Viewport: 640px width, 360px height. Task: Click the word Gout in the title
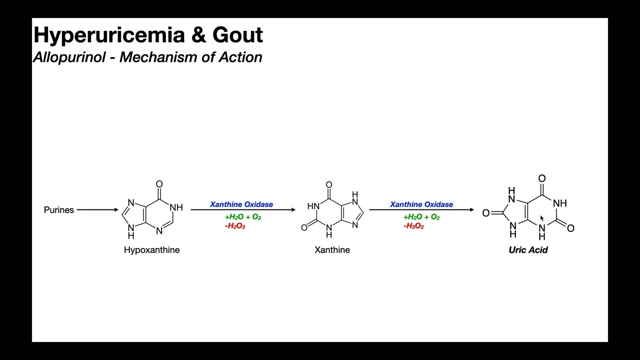pyautogui.click(x=237, y=35)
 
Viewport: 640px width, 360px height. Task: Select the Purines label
pyautogui.click(x=59, y=210)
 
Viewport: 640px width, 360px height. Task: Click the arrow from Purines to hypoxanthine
pyautogui.click(x=97, y=210)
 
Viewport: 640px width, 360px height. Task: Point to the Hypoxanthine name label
pyautogui.click(x=151, y=250)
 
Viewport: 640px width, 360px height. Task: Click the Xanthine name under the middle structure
pyautogui.click(x=332, y=250)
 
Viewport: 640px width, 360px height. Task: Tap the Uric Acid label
pyautogui.click(x=528, y=250)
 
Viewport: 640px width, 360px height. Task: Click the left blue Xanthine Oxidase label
pyautogui.click(x=241, y=204)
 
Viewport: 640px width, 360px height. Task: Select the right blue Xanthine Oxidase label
pyautogui.click(x=421, y=204)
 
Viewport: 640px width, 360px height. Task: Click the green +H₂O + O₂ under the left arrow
pyautogui.click(x=243, y=217)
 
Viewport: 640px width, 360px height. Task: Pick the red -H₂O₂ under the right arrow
pyautogui.click(x=413, y=226)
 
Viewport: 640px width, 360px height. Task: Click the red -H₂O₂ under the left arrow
pyautogui.click(x=235, y=226)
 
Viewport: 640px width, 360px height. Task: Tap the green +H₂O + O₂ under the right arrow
pyautogui.click(x=421, y=217)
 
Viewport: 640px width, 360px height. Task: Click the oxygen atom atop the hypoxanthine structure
pyautogui.click(x=159, y=184)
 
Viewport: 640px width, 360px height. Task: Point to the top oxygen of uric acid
pyautogui.click(x=542, y=178)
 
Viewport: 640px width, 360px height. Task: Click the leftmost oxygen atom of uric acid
pyautogui.click(x=485, y=213)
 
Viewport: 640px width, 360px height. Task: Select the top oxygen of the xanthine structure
pyautogui.click(x=329, y=185)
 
